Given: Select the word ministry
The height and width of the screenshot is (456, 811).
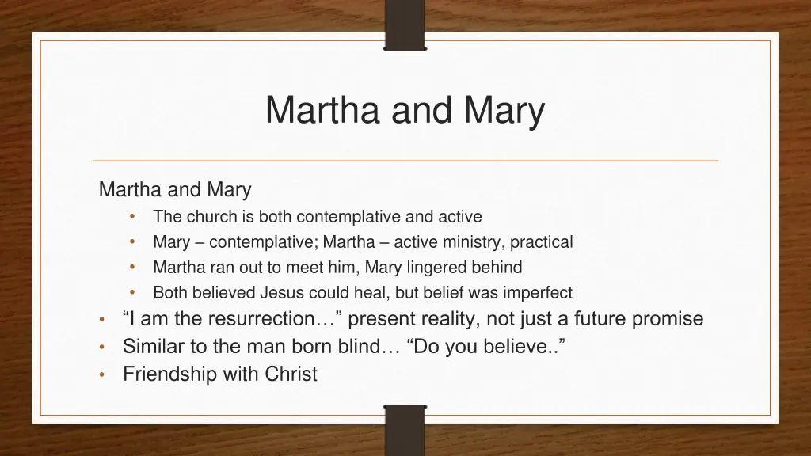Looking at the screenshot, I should [472, 241].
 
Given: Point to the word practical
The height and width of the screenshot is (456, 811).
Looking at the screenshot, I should [541, 241].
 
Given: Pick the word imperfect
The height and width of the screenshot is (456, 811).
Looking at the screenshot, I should [536, 292].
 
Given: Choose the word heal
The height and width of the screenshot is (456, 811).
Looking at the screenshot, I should [375, 292].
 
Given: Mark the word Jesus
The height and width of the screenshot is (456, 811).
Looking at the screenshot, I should [282, 292].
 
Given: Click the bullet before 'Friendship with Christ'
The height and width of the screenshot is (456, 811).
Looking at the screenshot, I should [103, 374].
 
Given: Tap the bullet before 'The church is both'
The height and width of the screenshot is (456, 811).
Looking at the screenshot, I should [134, 216].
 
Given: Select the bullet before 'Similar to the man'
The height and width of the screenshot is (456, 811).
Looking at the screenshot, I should [103, 347].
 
